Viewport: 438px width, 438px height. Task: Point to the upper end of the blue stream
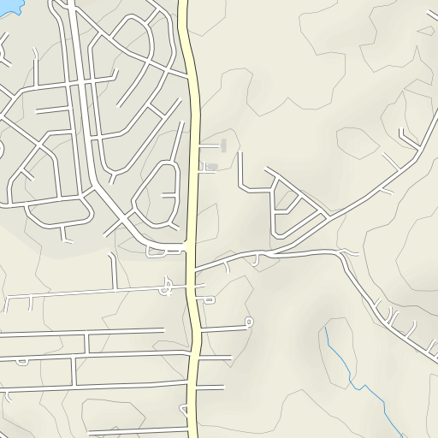tap(326, 326)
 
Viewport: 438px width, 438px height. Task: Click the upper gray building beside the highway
tap(224, 145)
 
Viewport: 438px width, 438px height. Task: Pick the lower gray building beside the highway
tap(213, 165)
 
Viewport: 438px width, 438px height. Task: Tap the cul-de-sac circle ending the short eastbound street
tap(249, 323)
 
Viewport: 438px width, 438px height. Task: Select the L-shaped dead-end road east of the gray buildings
tap(243, 175)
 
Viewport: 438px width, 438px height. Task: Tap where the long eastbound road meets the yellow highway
tap(196, 270)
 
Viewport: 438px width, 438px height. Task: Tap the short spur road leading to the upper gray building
tap(209, 146)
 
